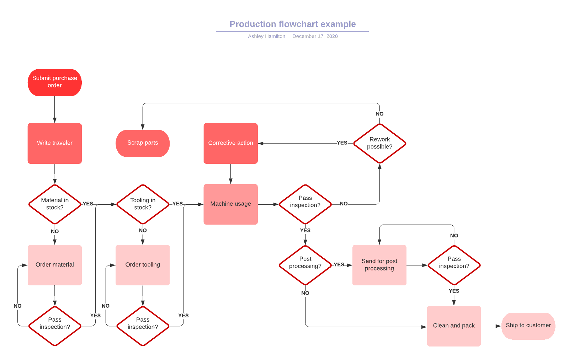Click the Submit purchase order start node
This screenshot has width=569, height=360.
point(54,82)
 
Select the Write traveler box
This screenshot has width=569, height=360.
point(54,143)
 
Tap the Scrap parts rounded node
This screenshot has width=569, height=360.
point(142,143)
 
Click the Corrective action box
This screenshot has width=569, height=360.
point(230,143)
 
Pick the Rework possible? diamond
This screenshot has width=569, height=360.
point(379,143)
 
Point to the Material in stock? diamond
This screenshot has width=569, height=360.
point(54,204)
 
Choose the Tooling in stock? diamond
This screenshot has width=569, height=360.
point(143,204)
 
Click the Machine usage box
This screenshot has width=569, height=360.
point(230,204)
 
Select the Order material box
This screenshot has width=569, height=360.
point(54,265)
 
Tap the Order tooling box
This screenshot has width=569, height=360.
point(143,265)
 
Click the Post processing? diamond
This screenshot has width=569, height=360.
point(305,265)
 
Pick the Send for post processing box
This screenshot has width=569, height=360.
point(379,265)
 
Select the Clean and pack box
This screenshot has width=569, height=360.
point(454,326)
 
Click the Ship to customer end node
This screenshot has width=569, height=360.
point(528,326)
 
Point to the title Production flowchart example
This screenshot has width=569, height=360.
point(292,24)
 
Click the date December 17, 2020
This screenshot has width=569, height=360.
point(315,36)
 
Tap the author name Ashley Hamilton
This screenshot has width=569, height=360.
point(266,36)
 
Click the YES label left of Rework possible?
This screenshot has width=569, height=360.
point(342,143)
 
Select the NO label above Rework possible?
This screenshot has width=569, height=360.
point(379,114)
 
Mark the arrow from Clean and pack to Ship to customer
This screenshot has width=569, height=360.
point(491,326)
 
